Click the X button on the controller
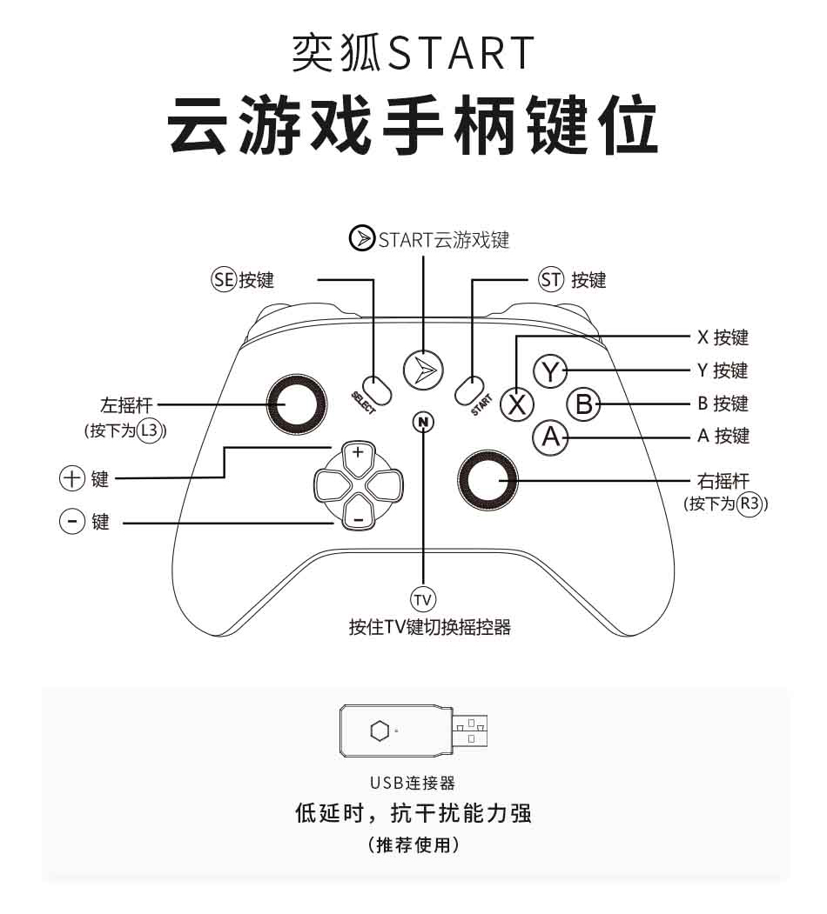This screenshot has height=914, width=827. coord(519,404)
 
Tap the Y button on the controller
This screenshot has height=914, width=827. coord(549,371)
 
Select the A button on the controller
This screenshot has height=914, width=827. coord(550,437)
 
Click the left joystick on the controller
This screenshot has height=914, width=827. coord(298,405)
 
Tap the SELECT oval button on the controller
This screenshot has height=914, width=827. coord(378,390)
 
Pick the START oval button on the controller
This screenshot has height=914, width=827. coord(469,390)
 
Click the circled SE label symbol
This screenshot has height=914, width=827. coord(224,280)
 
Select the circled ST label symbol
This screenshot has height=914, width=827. coord(551,280)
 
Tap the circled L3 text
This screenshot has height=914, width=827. coord(151,430)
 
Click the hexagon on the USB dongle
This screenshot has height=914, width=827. coord(379,731)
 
